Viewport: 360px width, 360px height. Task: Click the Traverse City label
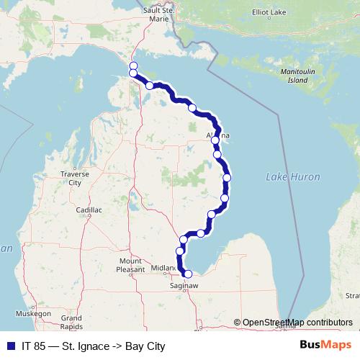click(74, 178)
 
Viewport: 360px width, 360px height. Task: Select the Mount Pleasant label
click(130, 264)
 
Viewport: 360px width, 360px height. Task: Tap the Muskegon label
click(33, 314)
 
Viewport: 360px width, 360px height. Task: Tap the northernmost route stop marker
click(133, 66)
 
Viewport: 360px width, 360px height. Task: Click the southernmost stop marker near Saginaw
click(189, 274)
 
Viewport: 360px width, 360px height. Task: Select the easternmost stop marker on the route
click(228, 178)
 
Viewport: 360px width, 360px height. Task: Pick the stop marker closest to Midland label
click(180, 251)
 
